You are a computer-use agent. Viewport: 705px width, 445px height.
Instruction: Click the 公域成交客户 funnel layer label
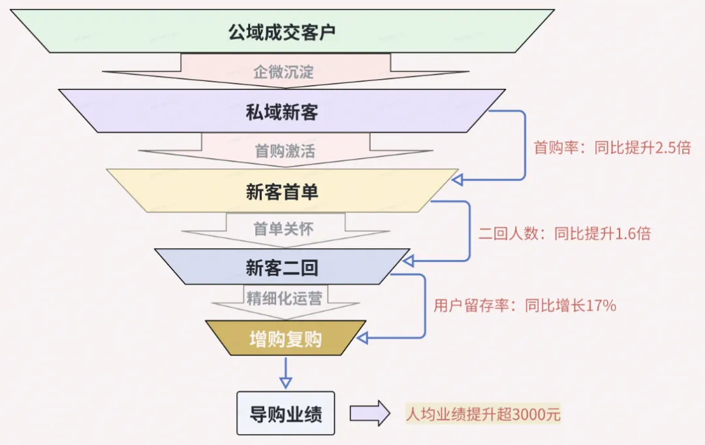click(281, 31)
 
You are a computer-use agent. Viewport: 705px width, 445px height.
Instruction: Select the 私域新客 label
click(281, 112)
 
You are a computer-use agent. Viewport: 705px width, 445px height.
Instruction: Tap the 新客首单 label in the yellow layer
click(281, 192)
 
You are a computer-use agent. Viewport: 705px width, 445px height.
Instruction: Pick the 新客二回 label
click(281, 267)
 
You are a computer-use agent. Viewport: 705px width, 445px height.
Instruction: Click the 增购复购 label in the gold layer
click(285, 338)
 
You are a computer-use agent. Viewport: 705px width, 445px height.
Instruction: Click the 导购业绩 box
click(285, 414)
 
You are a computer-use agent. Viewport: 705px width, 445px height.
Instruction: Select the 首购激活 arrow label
click(285, 152)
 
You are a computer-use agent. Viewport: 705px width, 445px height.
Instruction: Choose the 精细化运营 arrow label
click(284, 299)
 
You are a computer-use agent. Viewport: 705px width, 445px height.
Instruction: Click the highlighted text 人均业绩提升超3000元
click(482, 414)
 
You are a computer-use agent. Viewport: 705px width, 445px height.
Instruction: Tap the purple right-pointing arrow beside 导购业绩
click(369, 414)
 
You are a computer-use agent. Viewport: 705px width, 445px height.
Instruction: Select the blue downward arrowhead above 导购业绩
click(285, 382)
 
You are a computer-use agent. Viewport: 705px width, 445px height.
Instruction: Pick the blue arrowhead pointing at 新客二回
click(407, 261)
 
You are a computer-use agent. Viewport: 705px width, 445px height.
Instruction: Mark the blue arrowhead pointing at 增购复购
click(363, 338)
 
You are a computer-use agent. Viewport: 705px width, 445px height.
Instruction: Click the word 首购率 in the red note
click(550, 148)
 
